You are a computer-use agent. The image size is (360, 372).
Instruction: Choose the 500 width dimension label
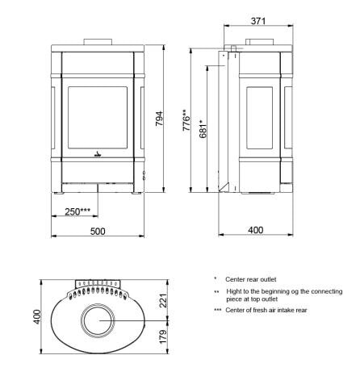click(97, 231)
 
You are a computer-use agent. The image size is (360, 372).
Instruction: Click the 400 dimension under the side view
click(255, 231)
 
